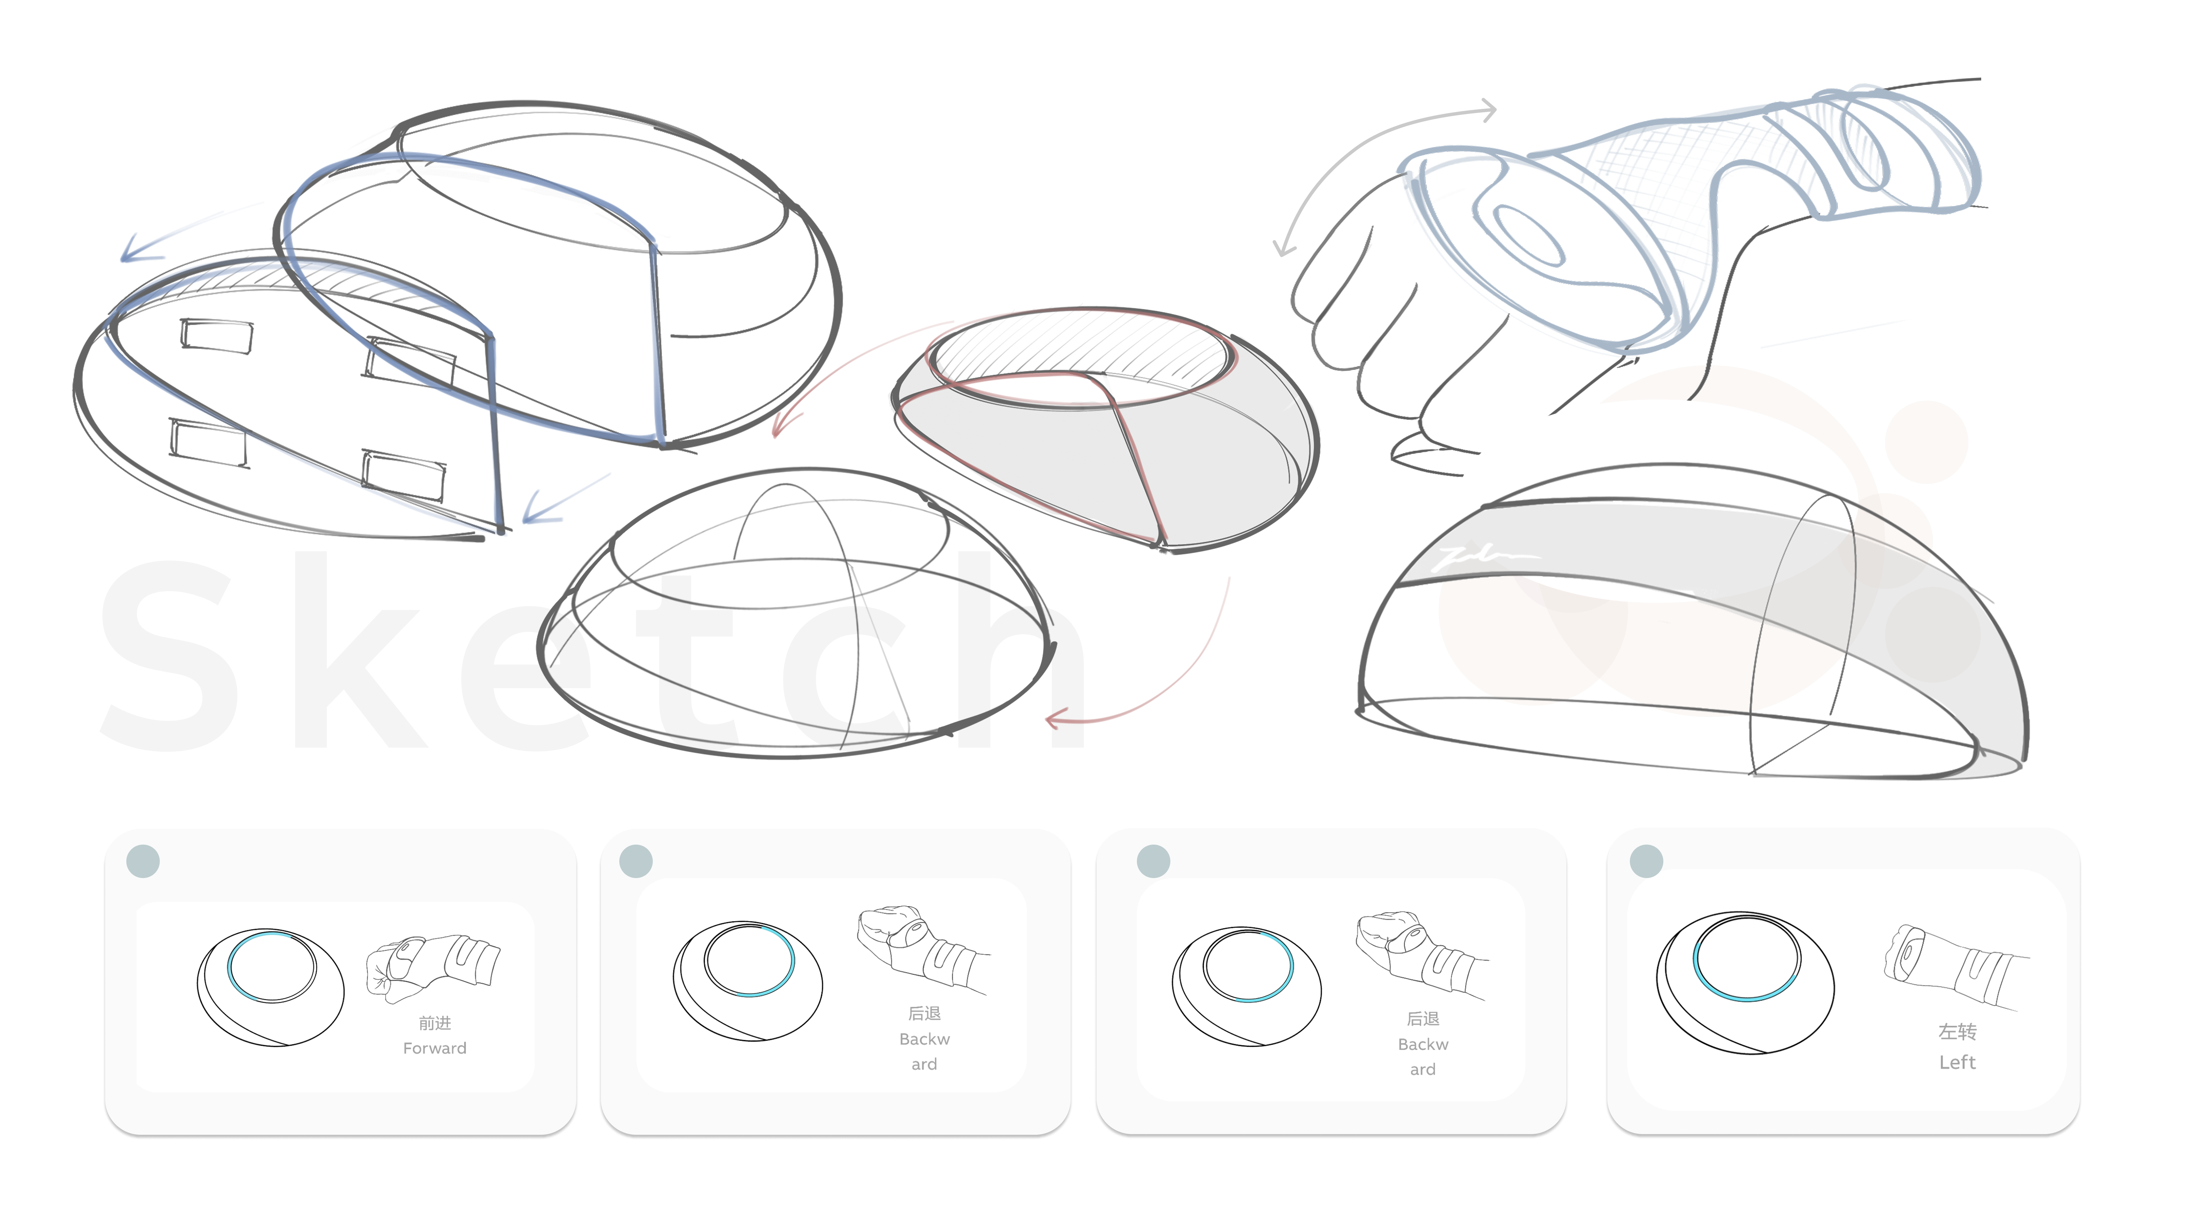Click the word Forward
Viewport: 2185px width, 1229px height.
434,1048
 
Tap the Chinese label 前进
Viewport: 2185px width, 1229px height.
434,1023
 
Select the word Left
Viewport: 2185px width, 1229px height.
1957,1062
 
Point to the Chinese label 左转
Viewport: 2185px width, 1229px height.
1957,1031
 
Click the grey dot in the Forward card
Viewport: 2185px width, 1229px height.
142,861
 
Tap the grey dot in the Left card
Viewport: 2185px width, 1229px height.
1646,861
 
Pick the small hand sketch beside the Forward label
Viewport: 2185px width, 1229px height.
433,967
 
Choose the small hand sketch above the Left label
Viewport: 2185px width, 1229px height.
1955,967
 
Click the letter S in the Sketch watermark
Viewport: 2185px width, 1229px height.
170,653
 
